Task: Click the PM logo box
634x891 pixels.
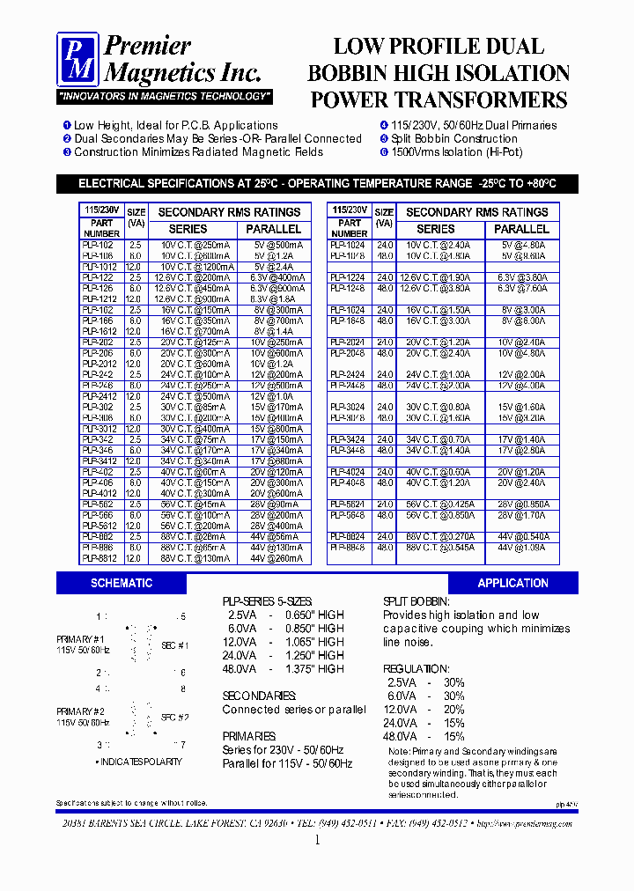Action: (78, 59)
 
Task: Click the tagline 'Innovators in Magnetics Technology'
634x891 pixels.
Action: (165, 96)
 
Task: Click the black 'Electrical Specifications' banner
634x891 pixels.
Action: (317, 184)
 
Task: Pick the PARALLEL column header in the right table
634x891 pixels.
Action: (523, 229)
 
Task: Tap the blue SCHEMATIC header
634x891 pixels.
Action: (122, 583)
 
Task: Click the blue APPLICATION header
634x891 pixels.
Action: (512, 583)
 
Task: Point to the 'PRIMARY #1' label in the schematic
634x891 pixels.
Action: (81, 639)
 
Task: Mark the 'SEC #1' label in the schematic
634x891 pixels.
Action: (175, 645)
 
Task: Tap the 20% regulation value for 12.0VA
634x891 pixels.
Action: (453, 710)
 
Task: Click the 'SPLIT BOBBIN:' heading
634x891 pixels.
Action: (416, 601)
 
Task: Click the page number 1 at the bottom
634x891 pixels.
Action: (317, 841)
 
